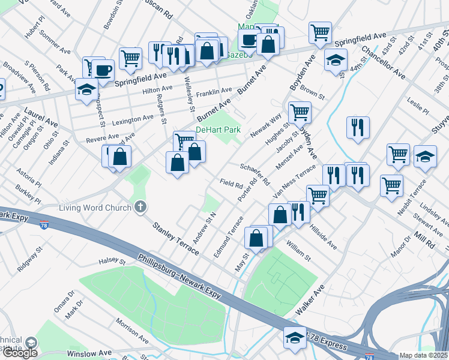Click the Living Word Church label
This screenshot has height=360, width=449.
click(x=95, y=208)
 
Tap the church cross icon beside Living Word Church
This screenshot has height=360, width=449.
click(x=140, y=208)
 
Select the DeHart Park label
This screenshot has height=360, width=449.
click(x=218, y=130)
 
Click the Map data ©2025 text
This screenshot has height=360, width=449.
click(x=424, y=355)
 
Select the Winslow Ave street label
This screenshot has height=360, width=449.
click(x=89, y=353)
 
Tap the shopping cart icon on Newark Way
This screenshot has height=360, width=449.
click(x=300, y=112)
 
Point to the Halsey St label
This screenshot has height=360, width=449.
click(x=112, y=262)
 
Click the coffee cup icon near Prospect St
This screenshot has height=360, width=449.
click(x=103, y=70)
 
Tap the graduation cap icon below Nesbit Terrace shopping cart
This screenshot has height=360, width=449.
click(x=426, y=157)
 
